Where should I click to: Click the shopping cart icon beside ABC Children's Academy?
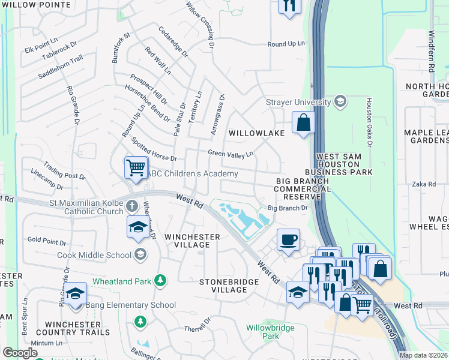tap(136, 167)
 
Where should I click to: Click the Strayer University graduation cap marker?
tap(340, 101)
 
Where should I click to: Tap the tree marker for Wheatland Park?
tap(160, 280)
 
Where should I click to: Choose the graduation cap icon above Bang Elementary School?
tap(76, 294)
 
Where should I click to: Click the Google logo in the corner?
tap(20, 353)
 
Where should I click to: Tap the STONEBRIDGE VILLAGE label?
tap(221, 285)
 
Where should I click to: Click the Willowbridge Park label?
tap(263, 332)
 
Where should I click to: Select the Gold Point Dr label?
tap(47, 241)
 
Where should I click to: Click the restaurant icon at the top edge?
tap(289, 6)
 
